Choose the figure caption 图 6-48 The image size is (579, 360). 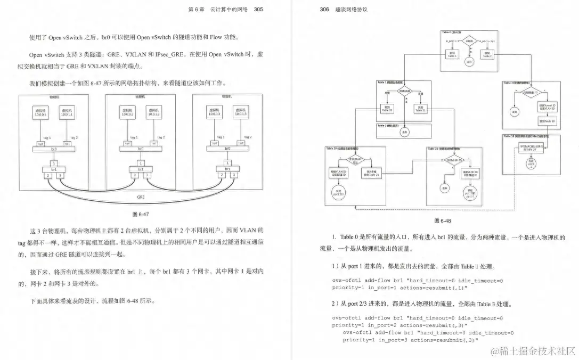coord(442,220)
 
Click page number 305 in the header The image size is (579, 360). coord(258,9)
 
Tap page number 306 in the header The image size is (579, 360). coord(325,9)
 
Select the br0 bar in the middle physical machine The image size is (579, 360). coord(140,149)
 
